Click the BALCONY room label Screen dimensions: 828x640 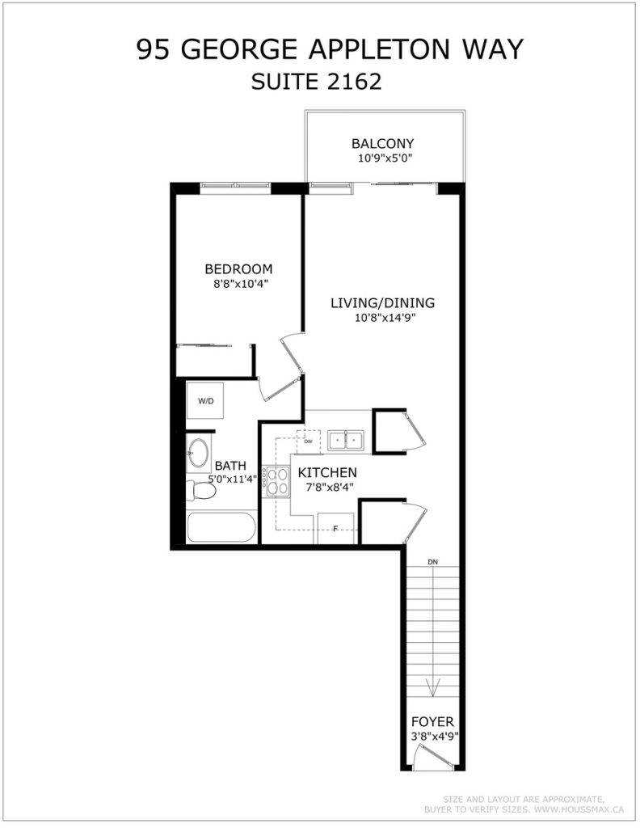[383, 143]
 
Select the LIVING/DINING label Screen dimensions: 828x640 [383, 303]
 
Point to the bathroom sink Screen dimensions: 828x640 [198, 454]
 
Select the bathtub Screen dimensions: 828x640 [221, 528]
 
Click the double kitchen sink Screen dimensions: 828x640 [345, 441]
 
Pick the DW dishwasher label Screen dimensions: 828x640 [309, 442]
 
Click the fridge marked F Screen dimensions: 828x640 [335, 529]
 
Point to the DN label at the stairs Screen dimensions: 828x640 [432, 561]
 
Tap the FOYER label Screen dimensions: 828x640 [432, 721]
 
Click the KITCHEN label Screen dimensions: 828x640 [327, 472]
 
